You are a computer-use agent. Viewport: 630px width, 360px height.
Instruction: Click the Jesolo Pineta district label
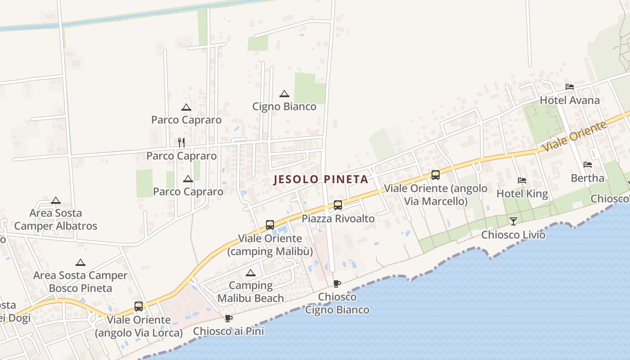(x=321, y=179)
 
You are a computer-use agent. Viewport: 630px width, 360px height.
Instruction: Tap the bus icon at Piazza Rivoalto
(x=338, y=205)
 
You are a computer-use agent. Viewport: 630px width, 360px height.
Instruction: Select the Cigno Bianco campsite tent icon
(x=284, y=94)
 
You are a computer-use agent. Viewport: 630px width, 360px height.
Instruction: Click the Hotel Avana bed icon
(x=570, y=87)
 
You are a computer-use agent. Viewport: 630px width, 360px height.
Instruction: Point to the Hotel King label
(x=522, y=194)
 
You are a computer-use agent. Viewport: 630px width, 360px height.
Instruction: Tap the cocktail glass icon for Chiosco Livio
(x=513, y=221)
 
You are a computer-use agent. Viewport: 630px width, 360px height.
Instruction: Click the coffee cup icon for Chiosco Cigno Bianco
(x=337, y=283)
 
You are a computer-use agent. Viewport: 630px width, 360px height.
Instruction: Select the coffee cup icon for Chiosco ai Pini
(x=229, y=318)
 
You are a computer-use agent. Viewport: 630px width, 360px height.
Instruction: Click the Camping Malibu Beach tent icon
(x=251, y=273)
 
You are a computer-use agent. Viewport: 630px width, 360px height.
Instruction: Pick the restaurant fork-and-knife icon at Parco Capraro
(x=181, y=143)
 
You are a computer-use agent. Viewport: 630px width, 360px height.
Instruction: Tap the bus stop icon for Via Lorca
(x=139, y=306)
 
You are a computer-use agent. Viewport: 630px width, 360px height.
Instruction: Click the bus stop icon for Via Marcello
(x=435, y=175)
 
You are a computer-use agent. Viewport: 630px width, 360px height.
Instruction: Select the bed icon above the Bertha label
(x=588, y=165)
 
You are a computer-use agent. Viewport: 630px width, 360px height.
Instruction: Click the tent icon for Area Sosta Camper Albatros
(x=56, y=200)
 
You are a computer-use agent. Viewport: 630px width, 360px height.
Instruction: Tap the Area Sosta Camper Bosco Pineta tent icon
(x=81, y=262)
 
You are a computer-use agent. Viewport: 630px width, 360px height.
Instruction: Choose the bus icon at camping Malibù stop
(x=270, y=225)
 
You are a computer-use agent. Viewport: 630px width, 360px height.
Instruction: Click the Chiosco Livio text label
(x=513, y=235)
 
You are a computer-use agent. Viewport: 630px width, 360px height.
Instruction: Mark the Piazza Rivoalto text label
(x=338, y=219)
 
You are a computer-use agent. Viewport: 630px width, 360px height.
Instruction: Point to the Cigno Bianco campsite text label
(x=284, y=107)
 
